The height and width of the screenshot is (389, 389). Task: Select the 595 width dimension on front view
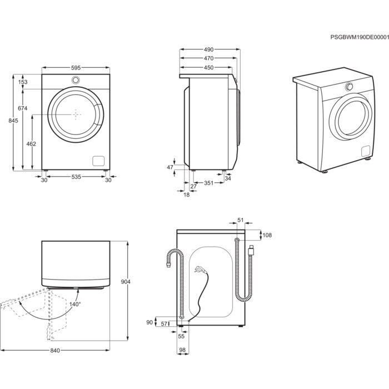(x=76, y=68)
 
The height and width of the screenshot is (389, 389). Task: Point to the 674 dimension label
(x=22, y=108)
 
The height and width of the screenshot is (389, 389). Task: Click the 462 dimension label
(x=31, y=144)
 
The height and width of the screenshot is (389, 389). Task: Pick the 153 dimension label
(x=22, y=82)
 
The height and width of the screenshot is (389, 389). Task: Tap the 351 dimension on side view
(x=208, y=183)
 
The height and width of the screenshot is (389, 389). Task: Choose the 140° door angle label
(x=75, y=305)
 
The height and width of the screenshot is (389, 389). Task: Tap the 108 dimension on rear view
(x=267, y=235)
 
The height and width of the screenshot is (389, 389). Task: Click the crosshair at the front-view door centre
(x=77, y=114)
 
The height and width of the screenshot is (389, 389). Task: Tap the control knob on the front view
(x=75, y=80)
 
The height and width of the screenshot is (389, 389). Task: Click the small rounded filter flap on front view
(x=98, y=161)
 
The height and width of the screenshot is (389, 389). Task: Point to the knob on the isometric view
(x=350, y=87)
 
